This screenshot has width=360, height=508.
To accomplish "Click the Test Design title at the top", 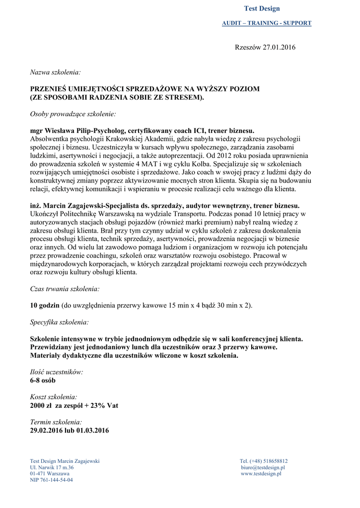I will [262, 8].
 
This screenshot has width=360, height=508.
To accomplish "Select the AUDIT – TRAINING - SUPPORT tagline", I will [267, 23].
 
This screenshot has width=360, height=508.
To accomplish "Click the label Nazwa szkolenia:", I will [55, 72].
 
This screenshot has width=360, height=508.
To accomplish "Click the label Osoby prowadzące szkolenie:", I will [73, 114].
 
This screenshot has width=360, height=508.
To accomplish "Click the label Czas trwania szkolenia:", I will [65, 289].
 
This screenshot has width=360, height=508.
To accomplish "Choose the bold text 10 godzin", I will [45, 306].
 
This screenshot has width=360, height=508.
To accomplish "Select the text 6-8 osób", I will [43, 381].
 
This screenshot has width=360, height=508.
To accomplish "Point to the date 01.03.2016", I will [93, 430].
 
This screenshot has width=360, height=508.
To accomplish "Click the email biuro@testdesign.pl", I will [263, 467].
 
